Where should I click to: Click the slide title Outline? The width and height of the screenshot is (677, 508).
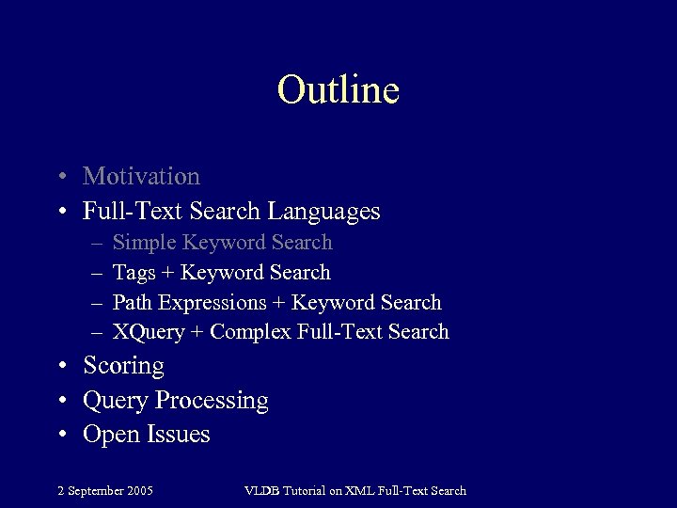(x=338, y=90)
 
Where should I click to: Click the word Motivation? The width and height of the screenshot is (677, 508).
(x=141, y=176)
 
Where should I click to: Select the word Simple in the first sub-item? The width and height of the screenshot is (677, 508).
(x=145, y=243)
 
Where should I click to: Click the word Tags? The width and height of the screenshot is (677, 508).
(x=134, y=273)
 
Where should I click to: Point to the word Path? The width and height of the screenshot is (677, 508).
(x=133, y=302)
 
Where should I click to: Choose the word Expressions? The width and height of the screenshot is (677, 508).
(x=213, y=303)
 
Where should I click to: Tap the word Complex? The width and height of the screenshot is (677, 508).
(x=250, y=332)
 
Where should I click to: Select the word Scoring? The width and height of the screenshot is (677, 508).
(x=123, y=366)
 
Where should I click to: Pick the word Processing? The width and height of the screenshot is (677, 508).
(x=212, y=401)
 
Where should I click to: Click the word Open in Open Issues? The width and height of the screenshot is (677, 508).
(x=110, y=435)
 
